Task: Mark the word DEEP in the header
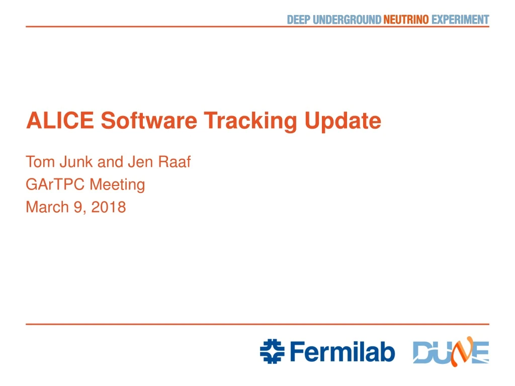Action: (x=298, y=20)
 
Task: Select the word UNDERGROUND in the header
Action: (x=347, y=20)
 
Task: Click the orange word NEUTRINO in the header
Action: (x=406, y=20)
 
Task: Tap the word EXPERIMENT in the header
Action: (x=460, y=20)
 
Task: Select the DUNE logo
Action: (x=451, y=351)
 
